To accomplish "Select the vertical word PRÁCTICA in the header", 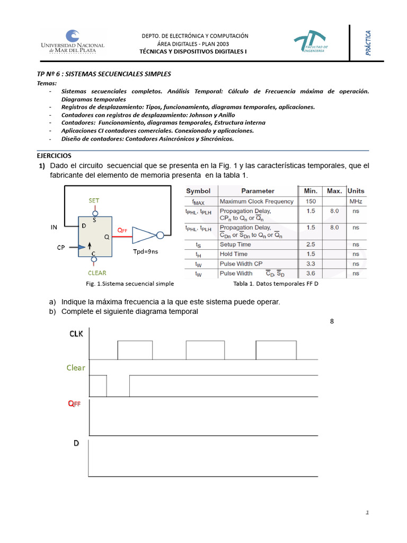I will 368,43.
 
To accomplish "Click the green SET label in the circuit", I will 94,200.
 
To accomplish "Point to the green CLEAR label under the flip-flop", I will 97,273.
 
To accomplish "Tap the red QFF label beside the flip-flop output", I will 122,230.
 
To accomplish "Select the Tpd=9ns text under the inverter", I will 146,252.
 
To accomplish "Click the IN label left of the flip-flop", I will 54,227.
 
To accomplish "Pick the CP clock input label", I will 61,247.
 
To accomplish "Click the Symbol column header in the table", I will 198,191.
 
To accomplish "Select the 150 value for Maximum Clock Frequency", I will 310,202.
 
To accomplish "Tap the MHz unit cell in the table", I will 355,202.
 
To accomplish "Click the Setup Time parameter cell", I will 235,244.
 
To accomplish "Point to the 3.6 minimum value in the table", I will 311,273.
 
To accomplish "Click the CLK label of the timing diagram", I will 76,334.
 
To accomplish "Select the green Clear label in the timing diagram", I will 76,367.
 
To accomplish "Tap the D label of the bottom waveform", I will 76,443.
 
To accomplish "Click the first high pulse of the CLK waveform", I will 135,351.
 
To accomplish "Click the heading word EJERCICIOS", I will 54,155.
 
